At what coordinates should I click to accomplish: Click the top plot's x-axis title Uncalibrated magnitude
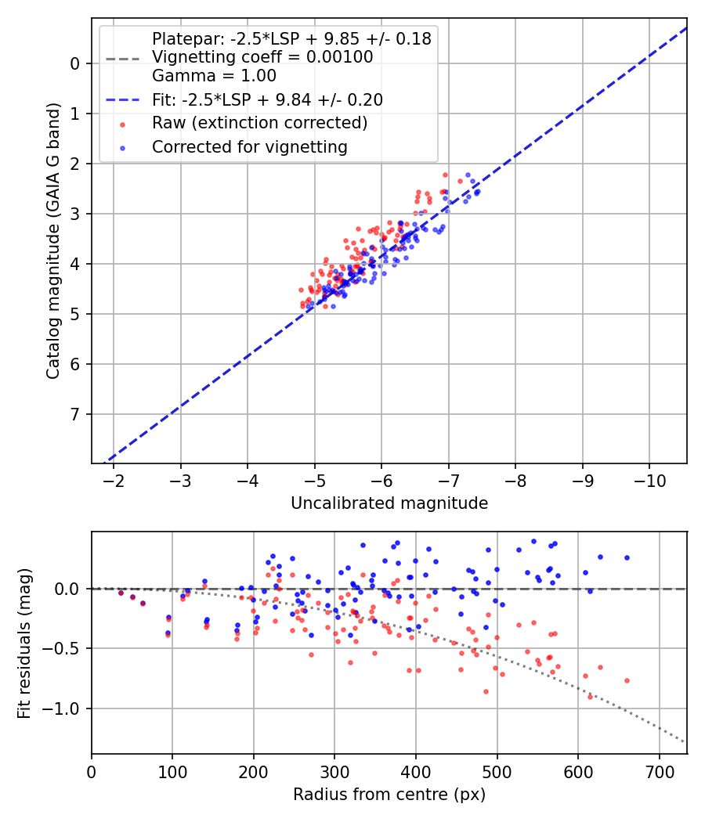(389, 503)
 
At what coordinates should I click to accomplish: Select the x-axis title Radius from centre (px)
(389, 795)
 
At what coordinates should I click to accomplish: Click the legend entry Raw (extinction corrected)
(259, 123)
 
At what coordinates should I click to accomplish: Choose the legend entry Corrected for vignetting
(249, 147)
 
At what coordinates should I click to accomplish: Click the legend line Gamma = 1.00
(214, 76)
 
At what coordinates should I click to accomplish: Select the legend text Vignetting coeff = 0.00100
(262, 57)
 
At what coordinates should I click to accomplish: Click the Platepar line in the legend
(291, 38)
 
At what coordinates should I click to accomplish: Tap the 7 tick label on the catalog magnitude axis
(76, 414)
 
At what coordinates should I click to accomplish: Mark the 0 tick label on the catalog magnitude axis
(76, 63)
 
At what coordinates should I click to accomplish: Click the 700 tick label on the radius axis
(659, 771)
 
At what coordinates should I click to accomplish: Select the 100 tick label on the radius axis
(172, 771)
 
